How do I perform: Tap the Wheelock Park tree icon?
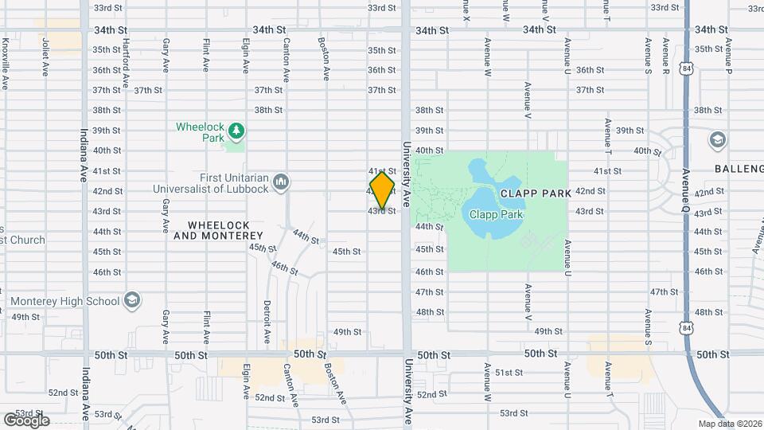click(x=235, y=130)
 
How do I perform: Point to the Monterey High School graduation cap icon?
click(x=132, y=300)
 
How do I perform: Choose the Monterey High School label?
click(x=65, y=301)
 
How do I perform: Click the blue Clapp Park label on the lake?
click(x=495, y=214)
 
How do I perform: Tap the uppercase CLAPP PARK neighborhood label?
click(x=536, y=193)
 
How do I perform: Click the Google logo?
click(x=25, y=420)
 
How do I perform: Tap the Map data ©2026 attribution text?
click(x=729, y=424)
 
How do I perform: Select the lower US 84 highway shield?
click(x=686, y=327)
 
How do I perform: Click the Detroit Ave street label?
click(x=268, y=322)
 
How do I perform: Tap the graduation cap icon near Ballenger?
click(x=715, y=140)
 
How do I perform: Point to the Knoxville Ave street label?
click(x=5, y=61)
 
